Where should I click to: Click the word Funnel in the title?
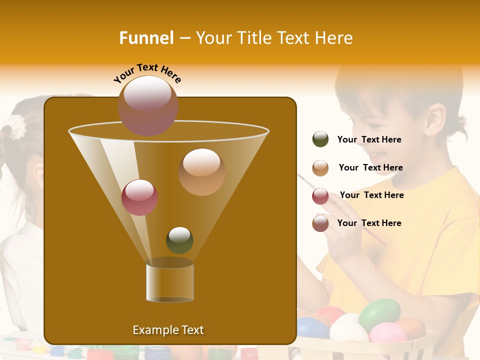[x=146, y=38]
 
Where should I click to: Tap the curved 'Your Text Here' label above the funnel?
[x=147, y=73]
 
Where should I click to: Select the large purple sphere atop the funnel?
[x=148, y=105]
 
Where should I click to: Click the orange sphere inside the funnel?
[x=201, y=171]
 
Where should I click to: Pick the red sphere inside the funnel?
[x=139, y=197]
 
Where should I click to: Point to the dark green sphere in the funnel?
[x=179, y=240]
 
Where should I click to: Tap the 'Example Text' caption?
[x=168, y=330]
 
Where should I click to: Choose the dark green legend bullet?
[x=320, y=139]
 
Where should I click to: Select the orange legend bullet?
[x=320, y=168]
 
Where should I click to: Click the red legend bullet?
[x=320, y=196]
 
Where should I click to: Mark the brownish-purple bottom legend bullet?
[x=320, y=223]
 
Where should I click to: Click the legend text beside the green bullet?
[x=369, y=140]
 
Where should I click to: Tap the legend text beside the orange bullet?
[x=370, y=168]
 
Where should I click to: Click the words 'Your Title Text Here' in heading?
[x=274, y=38]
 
